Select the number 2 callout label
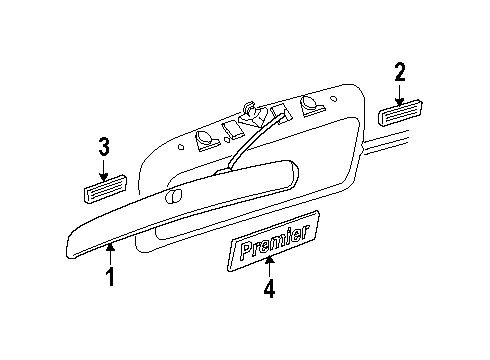pyautogui.click(x=400, y=72)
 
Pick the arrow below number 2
pyautogui.click(x=400, y=93)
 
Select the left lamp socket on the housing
pyautogui.click(x=205, y=140)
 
